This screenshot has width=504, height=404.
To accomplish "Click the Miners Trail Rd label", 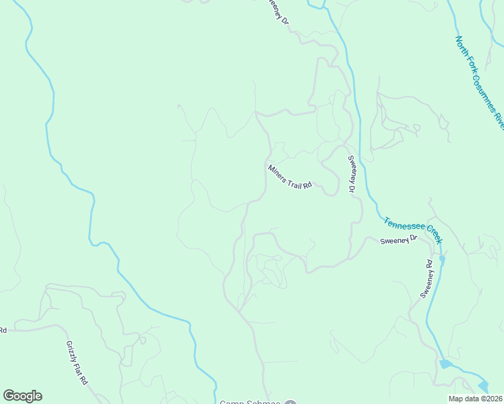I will [x=290, y=176].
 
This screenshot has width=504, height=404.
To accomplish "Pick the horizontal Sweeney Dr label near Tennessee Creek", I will [x=399, y=240].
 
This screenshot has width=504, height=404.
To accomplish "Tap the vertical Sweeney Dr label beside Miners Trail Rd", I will [x=351, y=174].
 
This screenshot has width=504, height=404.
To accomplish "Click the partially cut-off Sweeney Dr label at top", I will [x=278, y=12].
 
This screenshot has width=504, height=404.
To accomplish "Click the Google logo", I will [x=22, y=396].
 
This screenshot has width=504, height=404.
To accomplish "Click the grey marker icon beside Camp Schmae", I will [x=290, y=402].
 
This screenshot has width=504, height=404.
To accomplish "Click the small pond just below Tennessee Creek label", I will [x=442, y=259].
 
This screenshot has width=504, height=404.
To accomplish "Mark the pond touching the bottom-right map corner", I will [x=483, y=386].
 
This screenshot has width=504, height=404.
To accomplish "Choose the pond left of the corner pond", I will [x=445, y=364].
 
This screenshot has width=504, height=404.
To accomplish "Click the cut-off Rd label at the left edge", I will [x=3, y=330].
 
